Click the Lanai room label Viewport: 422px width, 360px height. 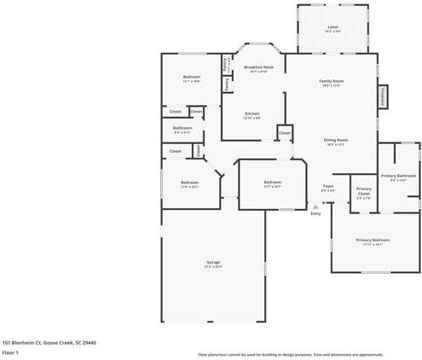[x=332, y=28]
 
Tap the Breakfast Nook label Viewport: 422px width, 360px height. [x=258, y=67]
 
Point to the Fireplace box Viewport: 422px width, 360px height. [x=383, y=96]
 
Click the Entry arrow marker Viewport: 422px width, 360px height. [x=315, y=206]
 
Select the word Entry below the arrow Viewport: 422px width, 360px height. [x=315, y=213]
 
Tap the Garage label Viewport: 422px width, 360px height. [x=213, y=263]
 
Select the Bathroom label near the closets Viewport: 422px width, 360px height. [x=182, y=130]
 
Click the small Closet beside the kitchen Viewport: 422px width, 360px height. [x=285, y=133]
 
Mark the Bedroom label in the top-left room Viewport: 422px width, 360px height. [x=192, y=78]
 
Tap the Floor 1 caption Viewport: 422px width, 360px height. [x=11, y=351]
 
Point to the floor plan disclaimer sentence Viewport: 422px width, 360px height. [x=303, y=353]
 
